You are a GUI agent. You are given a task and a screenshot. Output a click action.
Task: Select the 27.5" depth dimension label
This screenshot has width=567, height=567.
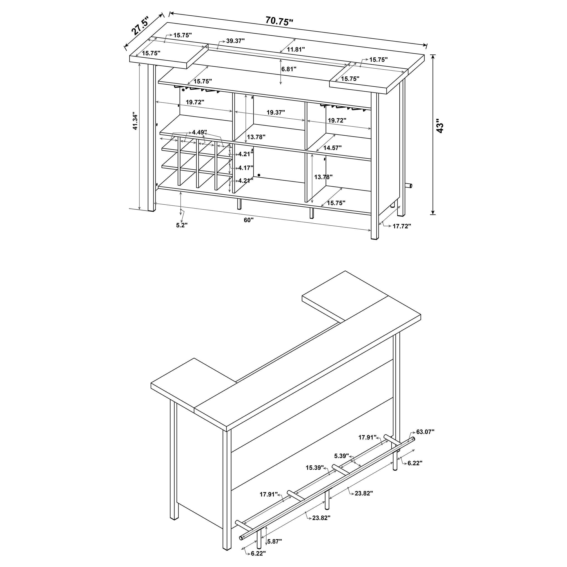140,26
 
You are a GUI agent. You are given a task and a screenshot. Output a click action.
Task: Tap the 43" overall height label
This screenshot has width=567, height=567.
440,126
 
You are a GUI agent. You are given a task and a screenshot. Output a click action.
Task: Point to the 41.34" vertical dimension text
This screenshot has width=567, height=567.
135,121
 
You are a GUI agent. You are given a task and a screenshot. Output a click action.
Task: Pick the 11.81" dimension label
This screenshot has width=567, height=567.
296,49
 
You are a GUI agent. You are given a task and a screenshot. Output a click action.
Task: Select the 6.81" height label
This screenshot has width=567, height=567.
289,69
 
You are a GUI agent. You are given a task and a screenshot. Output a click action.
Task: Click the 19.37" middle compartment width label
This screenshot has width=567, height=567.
276,112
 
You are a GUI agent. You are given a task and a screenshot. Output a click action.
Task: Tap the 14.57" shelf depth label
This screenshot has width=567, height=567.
332,148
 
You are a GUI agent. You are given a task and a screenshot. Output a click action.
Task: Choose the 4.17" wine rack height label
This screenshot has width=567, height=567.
246,168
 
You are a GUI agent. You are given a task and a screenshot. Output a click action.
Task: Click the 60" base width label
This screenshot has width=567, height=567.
248,220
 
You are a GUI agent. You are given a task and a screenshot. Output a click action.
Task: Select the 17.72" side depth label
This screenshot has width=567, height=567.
402,226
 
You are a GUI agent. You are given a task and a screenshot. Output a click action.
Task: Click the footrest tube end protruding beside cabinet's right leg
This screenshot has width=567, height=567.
410,186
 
